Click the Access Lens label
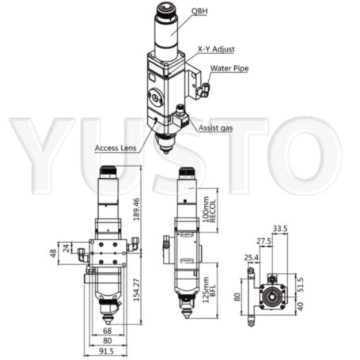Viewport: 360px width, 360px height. [x=117, y=148]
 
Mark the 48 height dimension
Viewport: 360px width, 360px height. [x=54, y=255]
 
